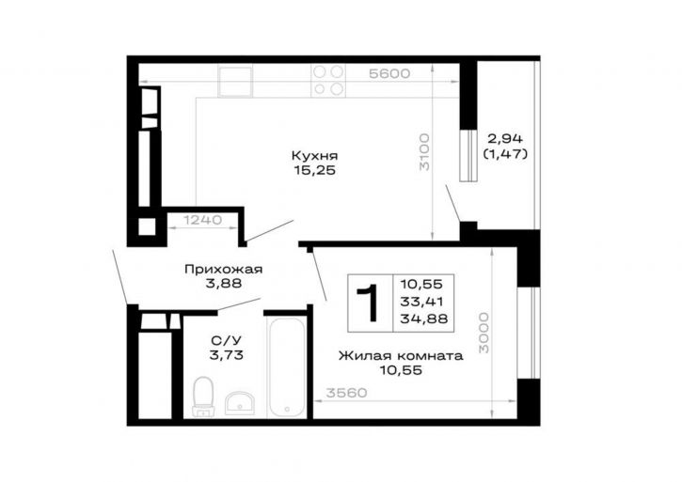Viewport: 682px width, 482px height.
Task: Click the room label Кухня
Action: point(314,156)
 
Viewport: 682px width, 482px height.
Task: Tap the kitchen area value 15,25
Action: point(314,170)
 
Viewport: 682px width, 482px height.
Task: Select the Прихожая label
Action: point(224,270)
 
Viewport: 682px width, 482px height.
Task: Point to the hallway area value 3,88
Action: point(224,285)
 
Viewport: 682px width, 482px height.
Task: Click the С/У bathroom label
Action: point(226,341)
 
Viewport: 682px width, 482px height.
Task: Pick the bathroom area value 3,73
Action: point(226,355)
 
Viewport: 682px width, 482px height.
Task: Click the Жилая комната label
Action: point(401,356)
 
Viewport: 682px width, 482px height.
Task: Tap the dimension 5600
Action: point(389,74)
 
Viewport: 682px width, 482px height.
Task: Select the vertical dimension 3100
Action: point(424,151)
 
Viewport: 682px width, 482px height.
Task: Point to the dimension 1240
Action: point(202,220)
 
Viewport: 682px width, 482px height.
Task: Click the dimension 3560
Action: point(347,393)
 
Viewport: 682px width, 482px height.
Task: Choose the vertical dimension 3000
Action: point(484,333)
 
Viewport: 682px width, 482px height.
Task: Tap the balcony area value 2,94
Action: point(505,139)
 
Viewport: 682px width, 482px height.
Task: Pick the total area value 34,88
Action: point(424,319)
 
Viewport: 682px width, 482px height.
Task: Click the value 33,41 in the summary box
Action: point(422,302)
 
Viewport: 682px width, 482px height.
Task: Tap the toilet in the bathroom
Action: point(203,396)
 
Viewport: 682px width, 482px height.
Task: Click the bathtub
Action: point(286,367)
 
